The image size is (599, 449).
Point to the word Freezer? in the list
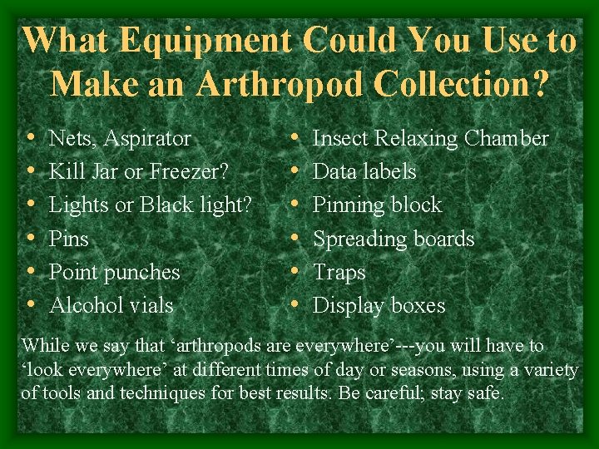(187, 172)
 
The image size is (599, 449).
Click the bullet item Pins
(69, 239)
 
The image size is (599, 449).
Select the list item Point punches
(115, 272)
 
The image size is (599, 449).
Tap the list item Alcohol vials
(111, 305)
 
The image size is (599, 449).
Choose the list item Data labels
(364, 172)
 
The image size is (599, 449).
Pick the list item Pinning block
(377, 205)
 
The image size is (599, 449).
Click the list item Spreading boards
(393, 239)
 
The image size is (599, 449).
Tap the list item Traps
(339, 272)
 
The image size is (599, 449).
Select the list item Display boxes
(379, 305)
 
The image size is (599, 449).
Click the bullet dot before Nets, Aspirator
(30, 138)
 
